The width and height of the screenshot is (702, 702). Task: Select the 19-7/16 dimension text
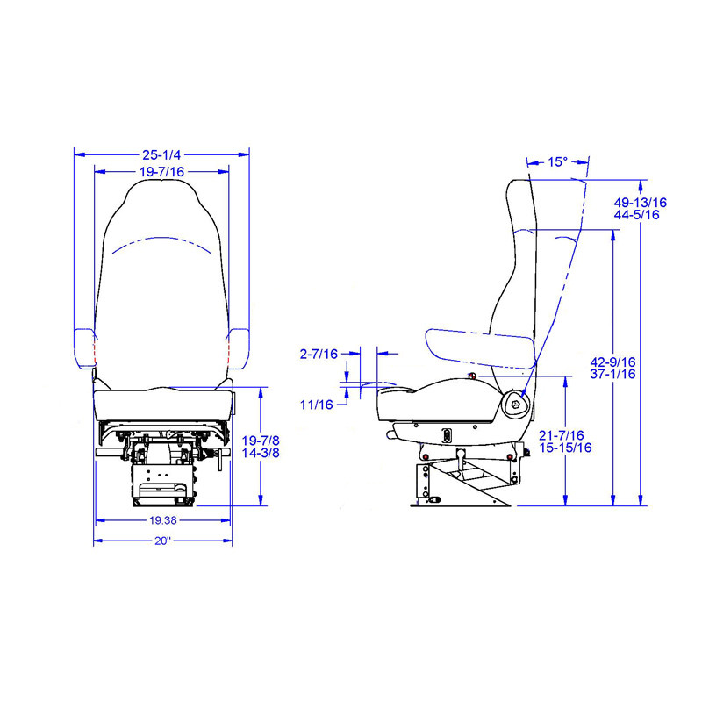pos(161,172)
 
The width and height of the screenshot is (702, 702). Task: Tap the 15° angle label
pos(557,161)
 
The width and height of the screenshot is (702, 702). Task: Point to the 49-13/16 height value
pos(640,203)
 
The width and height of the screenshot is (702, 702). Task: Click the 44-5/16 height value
pos(637,215)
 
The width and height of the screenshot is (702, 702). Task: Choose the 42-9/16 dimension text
pos(612,362)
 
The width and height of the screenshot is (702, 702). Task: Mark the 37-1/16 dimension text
pos(612,374)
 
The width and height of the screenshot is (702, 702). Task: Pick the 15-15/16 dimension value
pos(565,448)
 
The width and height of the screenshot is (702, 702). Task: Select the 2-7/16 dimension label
pos(318,354)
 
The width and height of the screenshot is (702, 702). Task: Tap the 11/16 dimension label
pos(316,405)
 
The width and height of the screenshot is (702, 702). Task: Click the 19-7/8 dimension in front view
pos(261,441)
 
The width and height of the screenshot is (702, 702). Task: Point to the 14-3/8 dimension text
pos(261,453)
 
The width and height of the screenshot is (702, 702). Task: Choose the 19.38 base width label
pos(162,520)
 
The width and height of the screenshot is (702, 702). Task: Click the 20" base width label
pos(162,541)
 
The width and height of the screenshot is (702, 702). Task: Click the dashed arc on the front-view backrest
pos(161,242)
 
